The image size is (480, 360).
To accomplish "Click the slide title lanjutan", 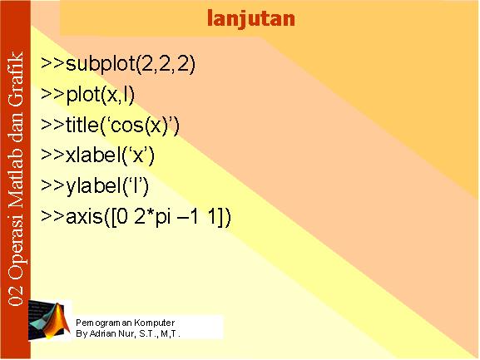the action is tap(251, 19).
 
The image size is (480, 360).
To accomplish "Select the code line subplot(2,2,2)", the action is tap(118, 64).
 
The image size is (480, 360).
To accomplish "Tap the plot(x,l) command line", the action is tap(87, 95).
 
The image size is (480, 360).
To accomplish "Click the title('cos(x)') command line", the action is tap(110, 126).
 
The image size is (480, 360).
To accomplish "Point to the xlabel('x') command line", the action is tap(97, 155).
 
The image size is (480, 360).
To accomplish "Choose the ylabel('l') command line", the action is tap(95, 186).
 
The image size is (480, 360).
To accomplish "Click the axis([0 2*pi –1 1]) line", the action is tap(136, 216).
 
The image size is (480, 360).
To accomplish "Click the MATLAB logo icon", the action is tap(49, 320).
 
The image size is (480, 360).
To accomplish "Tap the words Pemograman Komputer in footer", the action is tap(126, 323).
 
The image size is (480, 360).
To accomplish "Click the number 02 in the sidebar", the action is tap(16, 294).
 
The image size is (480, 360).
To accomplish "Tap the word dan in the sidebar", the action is tap(16, 131).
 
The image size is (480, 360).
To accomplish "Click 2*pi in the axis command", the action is tap(152, 217).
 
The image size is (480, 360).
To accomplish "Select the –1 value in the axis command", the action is tap(187, 217).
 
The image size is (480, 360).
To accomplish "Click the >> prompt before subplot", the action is tap(52, 64).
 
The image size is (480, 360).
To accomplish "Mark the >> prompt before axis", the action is tap(52, 216).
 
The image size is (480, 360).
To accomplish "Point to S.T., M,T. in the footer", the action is tap(160, 333).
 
